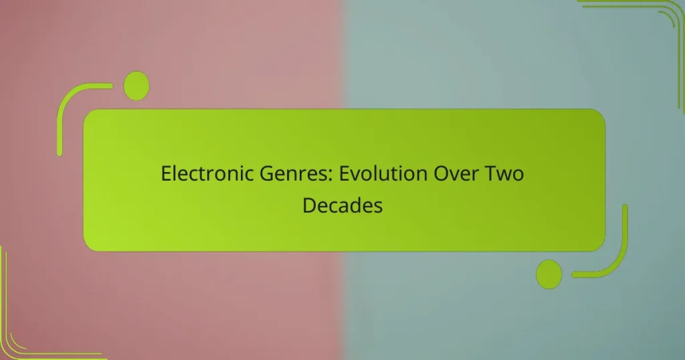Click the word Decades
(x=342, y=205)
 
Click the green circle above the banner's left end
(x=136, y=86)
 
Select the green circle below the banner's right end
(x=549, y=274)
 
